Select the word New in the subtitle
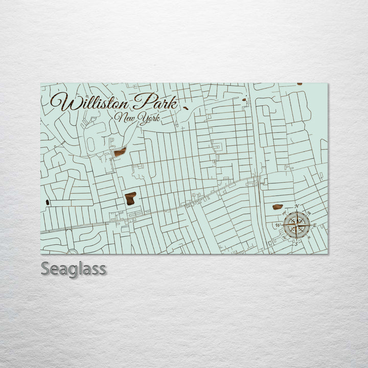click(125, 119)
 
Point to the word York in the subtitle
click(149, 119)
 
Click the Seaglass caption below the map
click(74, 269)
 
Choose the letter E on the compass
click(315, 225)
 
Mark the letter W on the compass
click(278, 225)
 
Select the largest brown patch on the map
click(131, 198)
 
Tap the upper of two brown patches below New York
click(120, 152)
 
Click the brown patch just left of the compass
click(278, 207)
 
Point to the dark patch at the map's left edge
click(48, 202)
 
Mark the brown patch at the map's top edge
click(300, 84)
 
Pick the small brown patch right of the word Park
click(185, 108)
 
